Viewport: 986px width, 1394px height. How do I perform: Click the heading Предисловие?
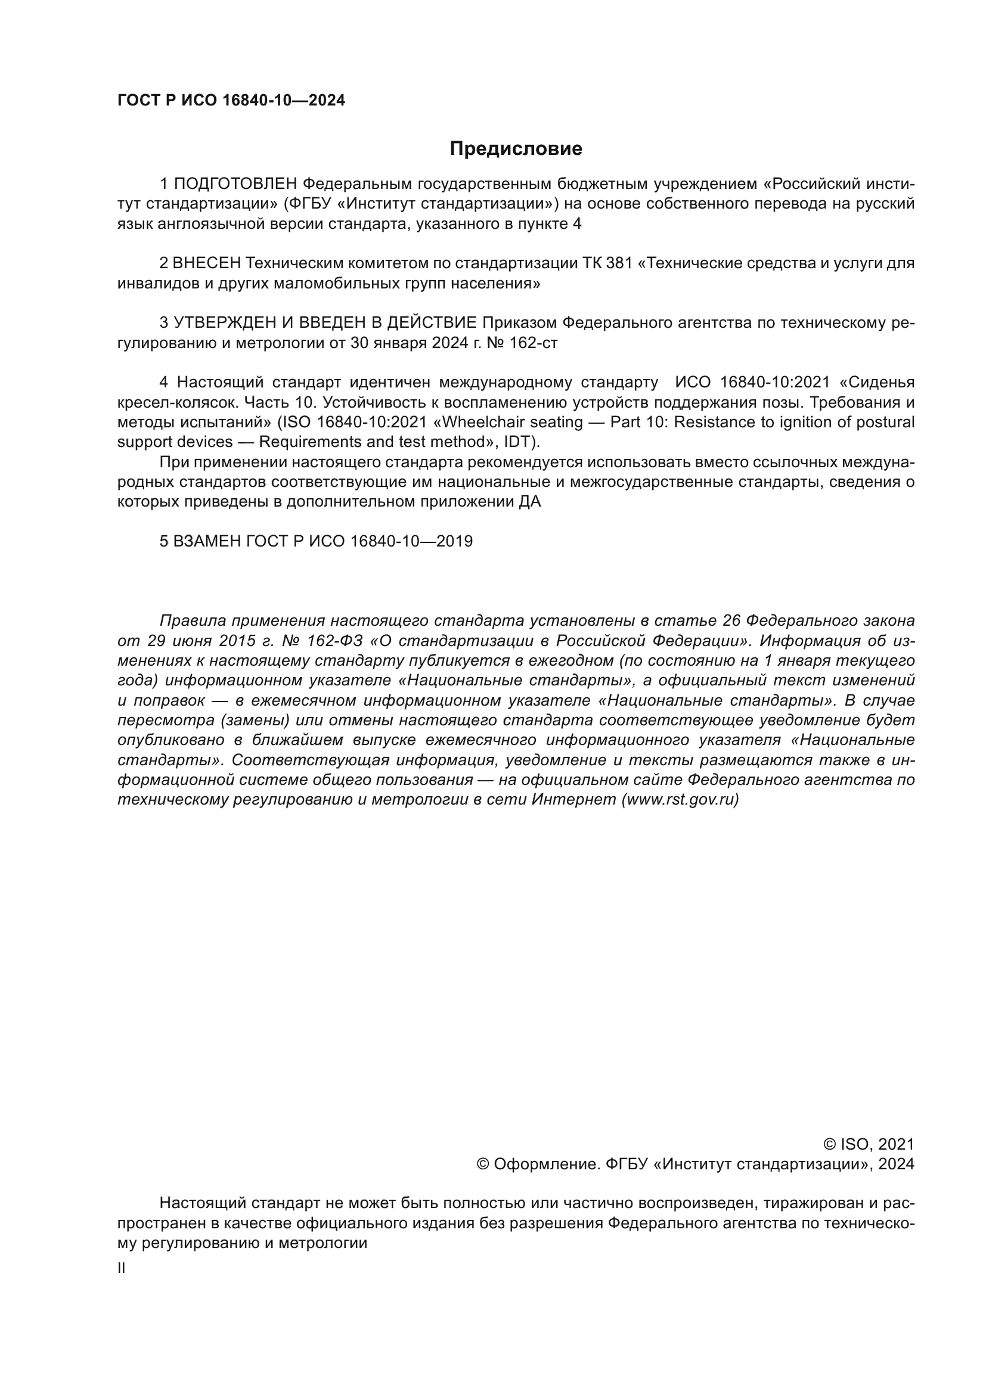(516, 149)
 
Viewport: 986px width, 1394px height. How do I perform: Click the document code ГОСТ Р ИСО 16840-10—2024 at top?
(231, 101)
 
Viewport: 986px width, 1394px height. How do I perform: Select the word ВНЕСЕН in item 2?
(207, 263)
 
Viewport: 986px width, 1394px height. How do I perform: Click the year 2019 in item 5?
(454, 542)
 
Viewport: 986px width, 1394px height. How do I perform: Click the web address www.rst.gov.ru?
(680, 800)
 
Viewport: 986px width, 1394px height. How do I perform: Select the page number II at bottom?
(122, 1268)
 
